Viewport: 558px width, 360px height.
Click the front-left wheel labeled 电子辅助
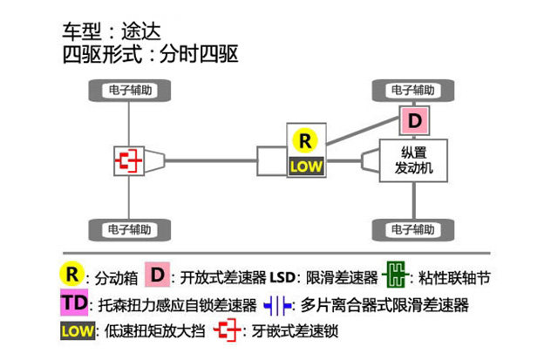point(131,90)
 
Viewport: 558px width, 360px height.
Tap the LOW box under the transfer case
point(306,166)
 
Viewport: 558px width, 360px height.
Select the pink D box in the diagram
point(415,119)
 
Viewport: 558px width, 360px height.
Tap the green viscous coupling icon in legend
point(395,276)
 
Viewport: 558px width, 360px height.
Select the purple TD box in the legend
point(74,304)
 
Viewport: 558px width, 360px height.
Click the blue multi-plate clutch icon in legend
point(277,305)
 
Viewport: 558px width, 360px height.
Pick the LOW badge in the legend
point(77,331)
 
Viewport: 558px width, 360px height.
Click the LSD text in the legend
point(283,277)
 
